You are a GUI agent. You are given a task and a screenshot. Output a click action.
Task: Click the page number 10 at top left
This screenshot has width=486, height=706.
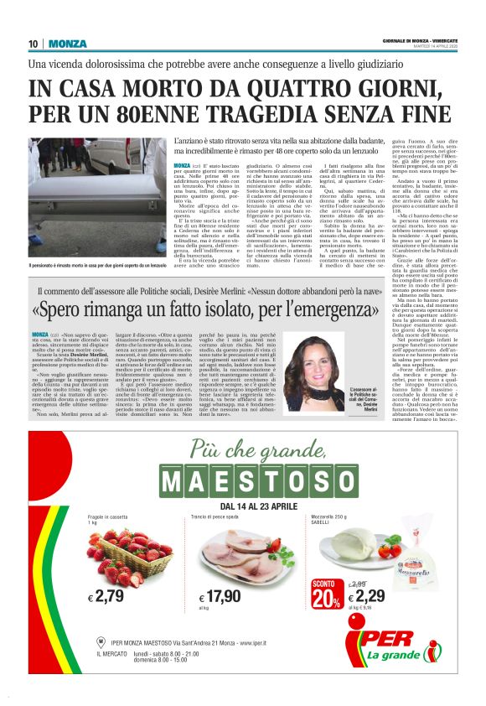coord(34,44)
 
